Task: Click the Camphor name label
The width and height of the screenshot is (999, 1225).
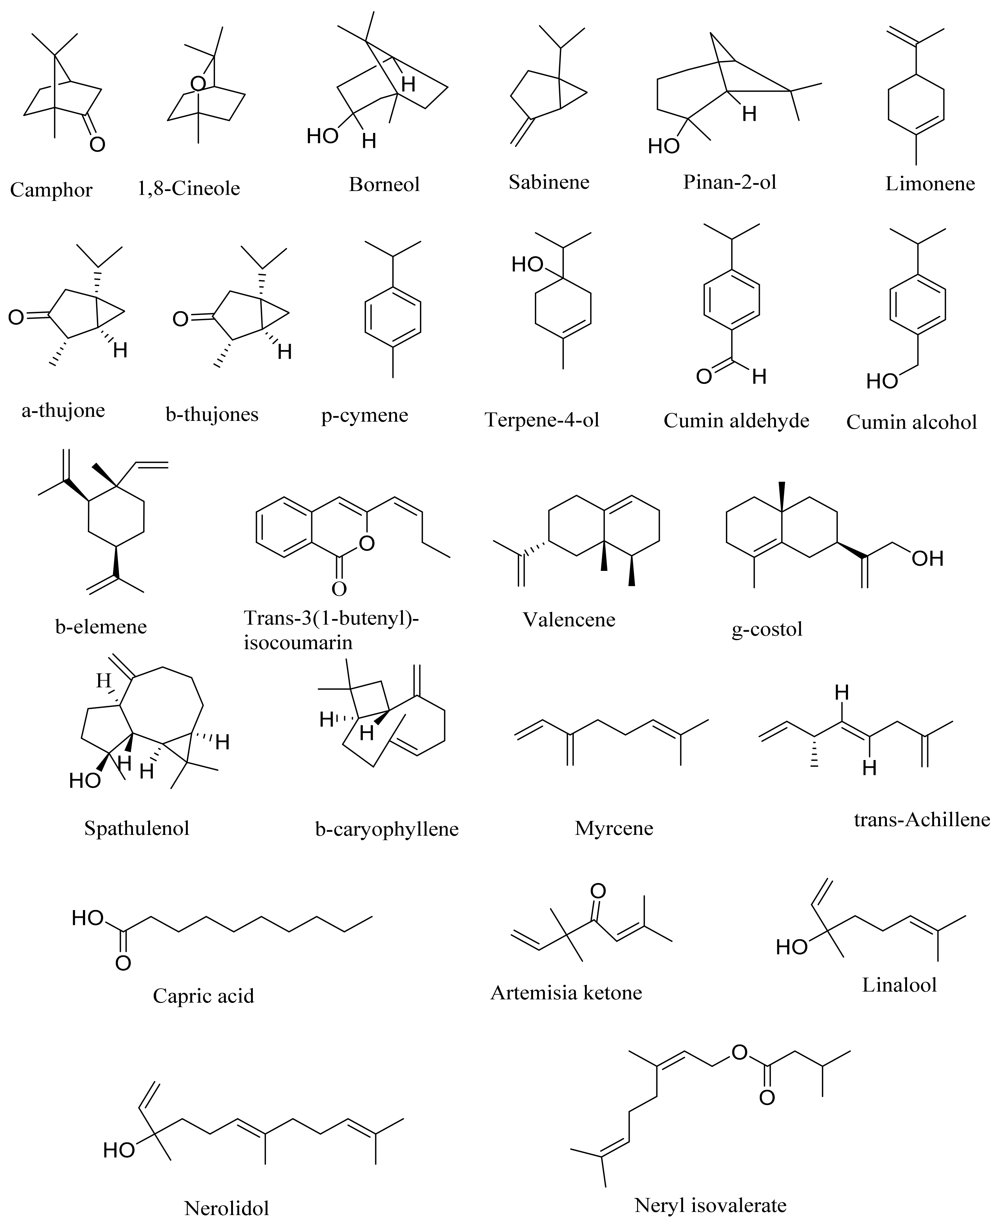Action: tap(51, 190)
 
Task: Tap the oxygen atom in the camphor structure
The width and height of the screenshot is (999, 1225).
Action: tap(97, 144)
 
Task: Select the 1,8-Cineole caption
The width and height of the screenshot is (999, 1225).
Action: tap(189, 188)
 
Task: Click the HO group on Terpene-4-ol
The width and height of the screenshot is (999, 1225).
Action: tap(527, 265)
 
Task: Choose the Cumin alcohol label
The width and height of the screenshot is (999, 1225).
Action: tap(911, 422)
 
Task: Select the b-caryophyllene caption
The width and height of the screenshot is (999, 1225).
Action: tap(387, 829)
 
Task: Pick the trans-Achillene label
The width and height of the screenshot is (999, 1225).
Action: tap(921, 819)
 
